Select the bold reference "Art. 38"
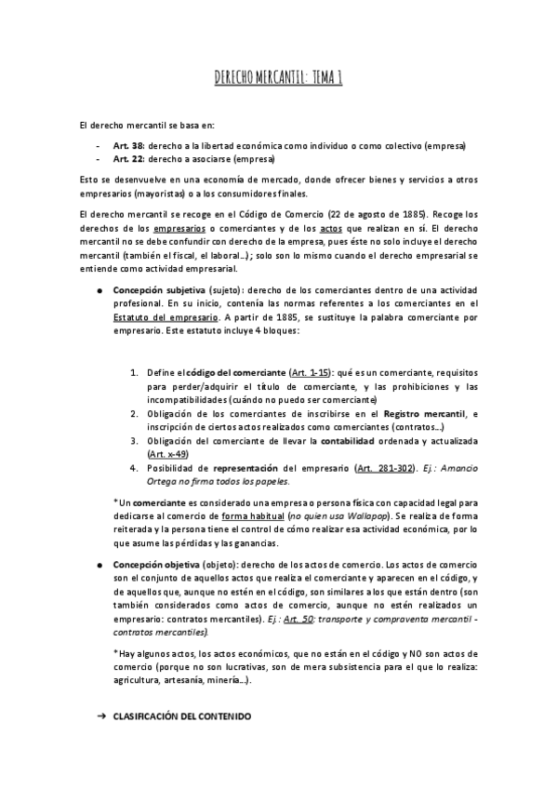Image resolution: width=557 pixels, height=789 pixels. (x=128, y=146)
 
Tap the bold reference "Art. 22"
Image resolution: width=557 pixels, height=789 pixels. (x=128, y=159)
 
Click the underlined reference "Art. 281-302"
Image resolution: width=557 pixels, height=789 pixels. (x=357, y=467)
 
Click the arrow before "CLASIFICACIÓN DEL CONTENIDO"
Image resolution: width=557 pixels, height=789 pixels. (x=101, y=719)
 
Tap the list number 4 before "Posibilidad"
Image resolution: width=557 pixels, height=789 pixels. (x=134, y=467)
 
